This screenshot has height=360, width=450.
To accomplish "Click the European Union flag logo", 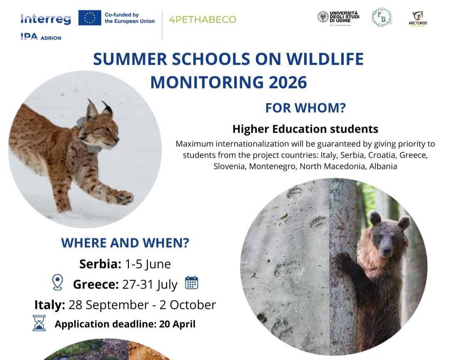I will point(90,18).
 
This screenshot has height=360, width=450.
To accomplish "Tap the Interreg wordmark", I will point(45,19).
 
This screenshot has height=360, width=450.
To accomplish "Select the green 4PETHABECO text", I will point(202,20).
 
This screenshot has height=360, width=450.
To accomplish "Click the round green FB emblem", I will point(382,17).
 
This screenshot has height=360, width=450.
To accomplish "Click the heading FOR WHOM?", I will point(305,108).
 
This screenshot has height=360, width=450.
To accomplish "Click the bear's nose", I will point(387,251).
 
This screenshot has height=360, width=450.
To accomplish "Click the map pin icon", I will point(57,283).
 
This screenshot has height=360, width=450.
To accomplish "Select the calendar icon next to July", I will point(191,283).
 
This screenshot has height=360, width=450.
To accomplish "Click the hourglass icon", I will point(39,323).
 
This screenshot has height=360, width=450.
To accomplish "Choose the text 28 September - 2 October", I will point(142,305).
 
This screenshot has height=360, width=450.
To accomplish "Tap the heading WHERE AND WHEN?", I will point(125,243).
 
